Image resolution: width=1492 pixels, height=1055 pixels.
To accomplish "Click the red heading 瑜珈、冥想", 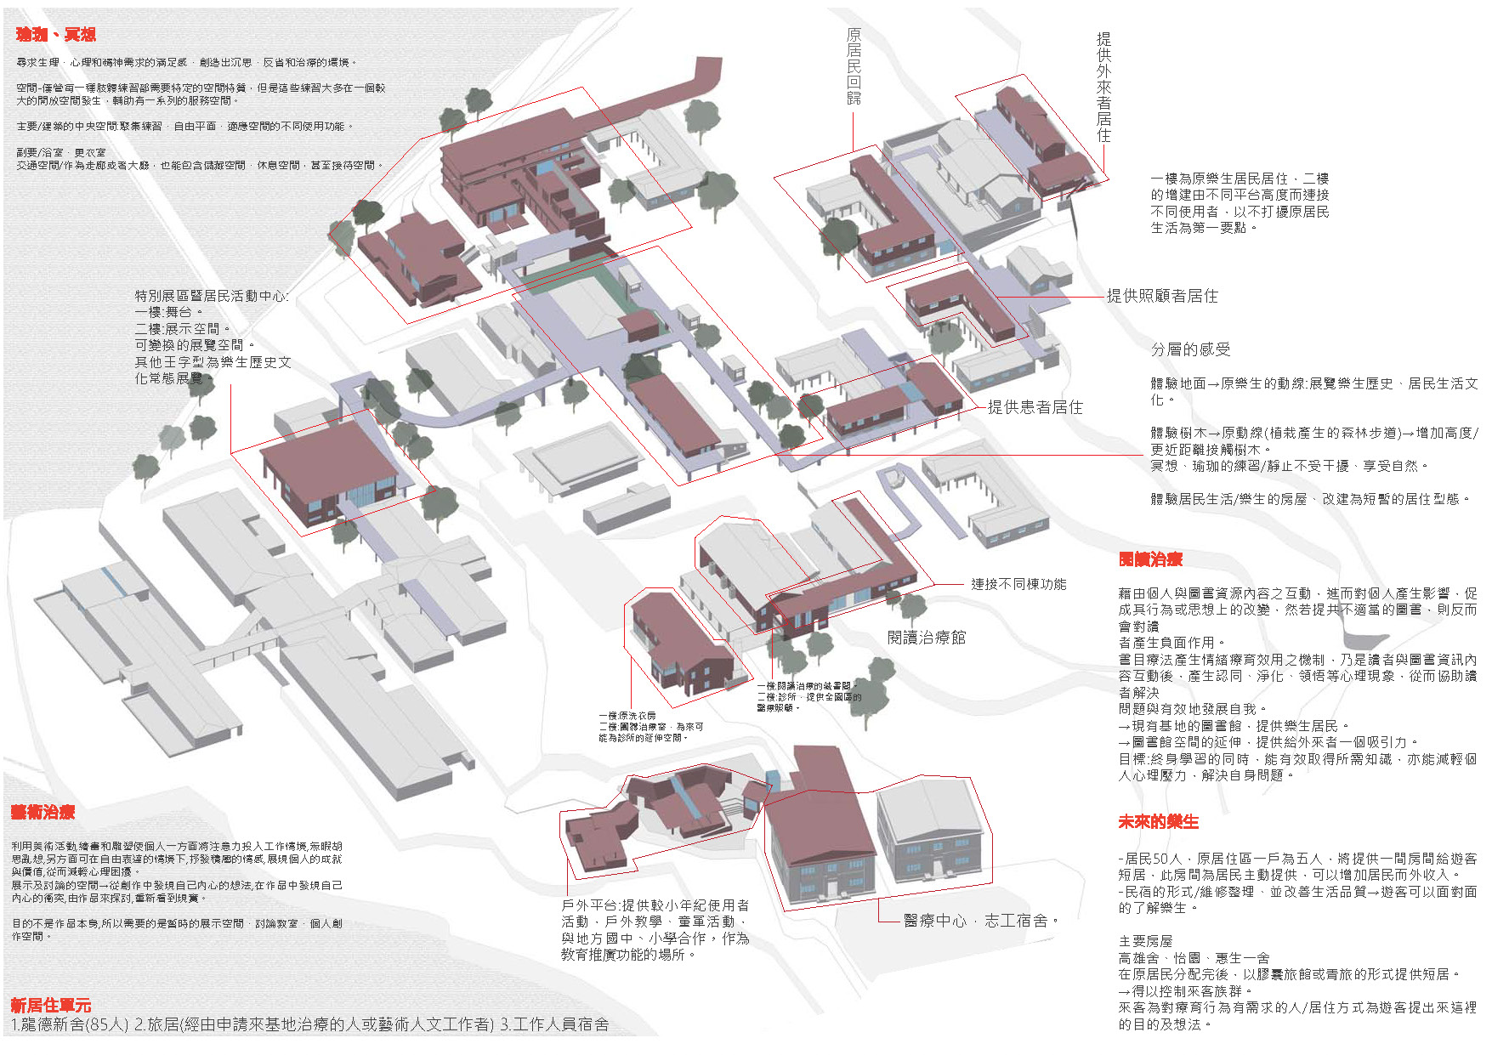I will tap(55, 34).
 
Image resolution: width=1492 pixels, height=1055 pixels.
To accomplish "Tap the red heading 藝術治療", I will tap(43, 812).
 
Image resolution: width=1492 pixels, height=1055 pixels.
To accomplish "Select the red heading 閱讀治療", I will tap(1150, 559).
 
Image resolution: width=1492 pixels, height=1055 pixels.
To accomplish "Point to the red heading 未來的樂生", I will tap(1158, 822).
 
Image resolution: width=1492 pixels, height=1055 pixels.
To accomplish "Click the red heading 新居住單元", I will tap(50, 1006).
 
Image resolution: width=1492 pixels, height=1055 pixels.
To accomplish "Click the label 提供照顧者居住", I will tap(1162, 296).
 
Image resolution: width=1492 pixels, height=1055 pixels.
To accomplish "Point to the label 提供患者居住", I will tap(1035, 407).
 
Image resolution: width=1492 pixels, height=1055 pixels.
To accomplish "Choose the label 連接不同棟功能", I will tap(1018, 584).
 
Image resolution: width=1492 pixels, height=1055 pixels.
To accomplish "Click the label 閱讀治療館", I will tap(927, 638).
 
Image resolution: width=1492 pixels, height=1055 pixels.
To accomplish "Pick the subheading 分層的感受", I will tap(1190, 349).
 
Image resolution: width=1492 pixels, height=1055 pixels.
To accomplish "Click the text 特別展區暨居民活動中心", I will tap(211, 296).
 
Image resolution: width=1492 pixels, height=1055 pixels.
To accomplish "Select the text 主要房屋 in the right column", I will tap(1145, 941).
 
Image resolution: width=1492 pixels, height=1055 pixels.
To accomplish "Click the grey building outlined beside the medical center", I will tap(933, 833).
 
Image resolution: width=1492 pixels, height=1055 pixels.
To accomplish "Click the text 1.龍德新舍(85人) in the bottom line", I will tap(70, 1024).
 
